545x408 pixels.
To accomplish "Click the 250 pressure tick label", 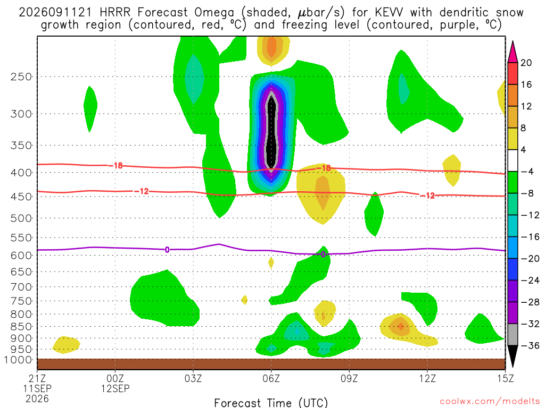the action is (x=21, y=76).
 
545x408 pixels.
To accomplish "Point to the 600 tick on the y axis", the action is (x=21, y=256).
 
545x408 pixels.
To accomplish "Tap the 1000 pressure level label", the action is (x=19, y=360).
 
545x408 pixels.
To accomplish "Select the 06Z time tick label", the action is (x=271, y=378).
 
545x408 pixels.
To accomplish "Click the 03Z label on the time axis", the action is (x=193, y=378).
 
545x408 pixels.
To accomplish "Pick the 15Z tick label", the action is (x=505, y=378).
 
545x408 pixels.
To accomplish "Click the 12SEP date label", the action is (x=115, y=388).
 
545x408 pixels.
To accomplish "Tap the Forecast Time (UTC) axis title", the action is (x=271, y=403).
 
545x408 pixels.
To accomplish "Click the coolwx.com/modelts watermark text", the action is (x=490, y=402).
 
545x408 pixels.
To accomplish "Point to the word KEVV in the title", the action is (x=389, y=13).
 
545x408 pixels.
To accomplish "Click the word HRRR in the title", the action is (x=115, y=13).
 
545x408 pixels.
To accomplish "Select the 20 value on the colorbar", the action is (x=526, y=63).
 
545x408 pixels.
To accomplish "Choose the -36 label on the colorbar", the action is (x=530, y=345).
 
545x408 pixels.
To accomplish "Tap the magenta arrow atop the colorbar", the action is (x=513, y=52).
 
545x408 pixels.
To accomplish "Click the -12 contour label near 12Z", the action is (x=427, y=196).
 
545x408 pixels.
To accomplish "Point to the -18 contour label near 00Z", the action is (x=115, y=166).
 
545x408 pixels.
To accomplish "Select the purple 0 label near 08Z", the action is (x=323, y=254).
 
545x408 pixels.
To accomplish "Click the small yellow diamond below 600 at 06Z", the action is (x=271, y=263).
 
